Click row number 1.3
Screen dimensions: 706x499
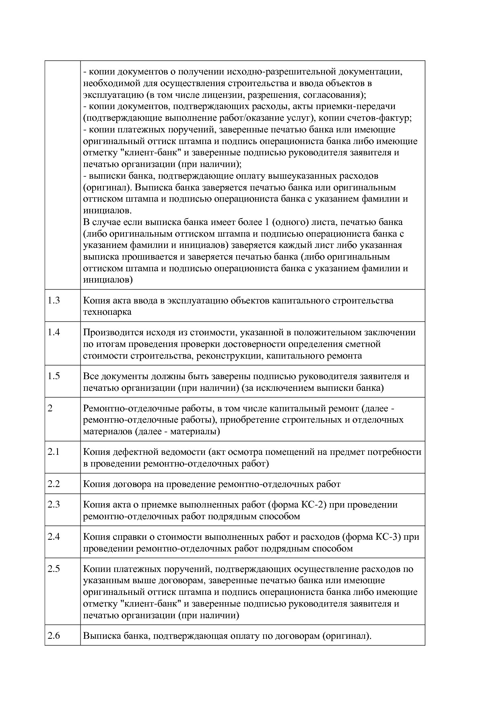54,300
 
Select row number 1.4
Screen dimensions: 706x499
54,332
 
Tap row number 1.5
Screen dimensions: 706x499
54,376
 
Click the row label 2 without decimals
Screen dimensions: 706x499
50,408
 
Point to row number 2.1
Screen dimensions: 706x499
54,452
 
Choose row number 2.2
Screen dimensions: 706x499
54,484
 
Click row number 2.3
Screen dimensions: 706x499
54,504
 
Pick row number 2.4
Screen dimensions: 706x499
54,537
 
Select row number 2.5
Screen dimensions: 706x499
54,569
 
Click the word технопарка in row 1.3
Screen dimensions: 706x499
107,312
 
